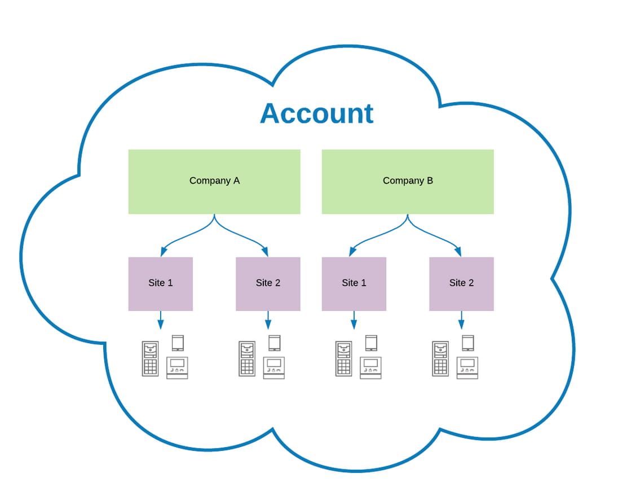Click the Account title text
[317, 113]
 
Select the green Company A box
[214, 182]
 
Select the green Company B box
[408, 182]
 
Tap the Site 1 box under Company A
[161, 284]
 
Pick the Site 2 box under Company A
[268, 284]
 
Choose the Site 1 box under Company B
[354, 284]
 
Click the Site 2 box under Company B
[461, 284]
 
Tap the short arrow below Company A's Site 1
[161, 320]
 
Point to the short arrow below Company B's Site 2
[461, 320]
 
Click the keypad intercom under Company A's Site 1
[151, 359]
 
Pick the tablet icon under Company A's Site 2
[274, 343]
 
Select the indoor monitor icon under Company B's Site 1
[370, 367]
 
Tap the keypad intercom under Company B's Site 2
[441, 359]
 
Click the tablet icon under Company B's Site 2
[468, 343]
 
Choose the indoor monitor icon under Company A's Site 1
[177, 367]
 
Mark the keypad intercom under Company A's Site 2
[247, 359]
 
